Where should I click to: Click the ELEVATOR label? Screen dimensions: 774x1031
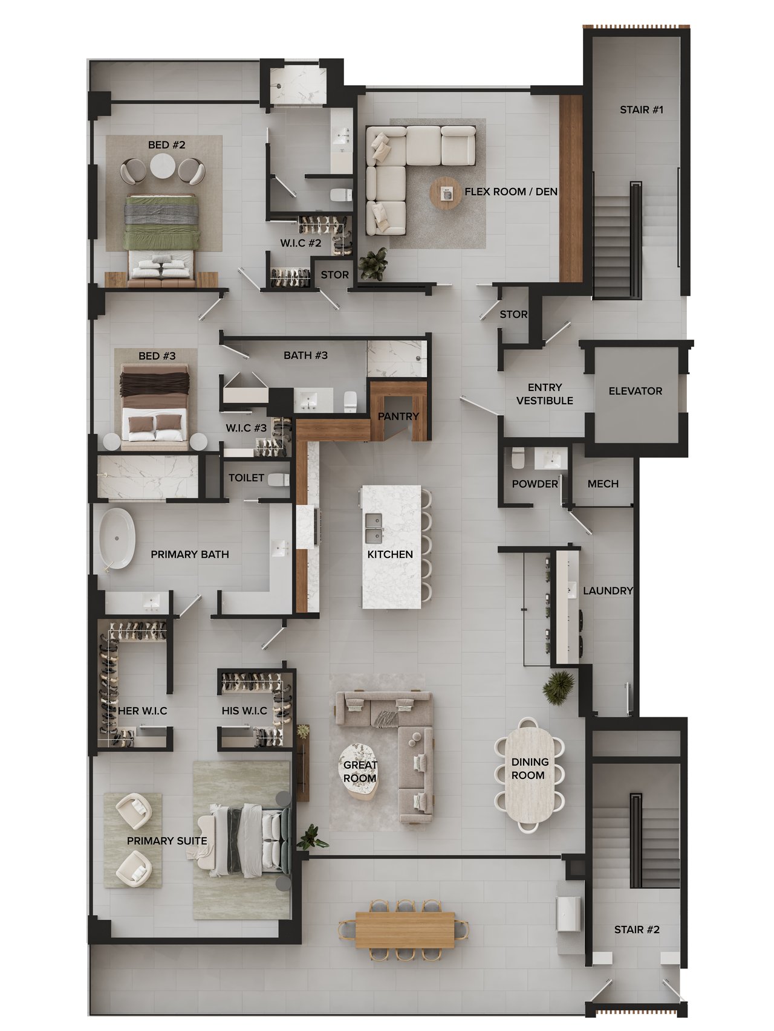635,391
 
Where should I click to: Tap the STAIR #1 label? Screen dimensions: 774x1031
642,109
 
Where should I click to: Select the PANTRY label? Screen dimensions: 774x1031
398,416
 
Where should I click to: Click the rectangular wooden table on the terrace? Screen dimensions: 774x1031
405,929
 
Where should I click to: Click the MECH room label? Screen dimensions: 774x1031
603,484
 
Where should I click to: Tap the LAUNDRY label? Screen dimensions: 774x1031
608,590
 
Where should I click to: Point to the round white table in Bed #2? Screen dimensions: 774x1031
162,167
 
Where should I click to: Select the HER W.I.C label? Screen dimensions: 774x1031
142,711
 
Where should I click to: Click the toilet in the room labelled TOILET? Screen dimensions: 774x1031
279,480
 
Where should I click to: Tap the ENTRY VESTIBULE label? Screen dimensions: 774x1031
544,394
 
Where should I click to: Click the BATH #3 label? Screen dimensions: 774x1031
305,355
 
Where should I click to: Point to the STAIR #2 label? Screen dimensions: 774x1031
637,929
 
